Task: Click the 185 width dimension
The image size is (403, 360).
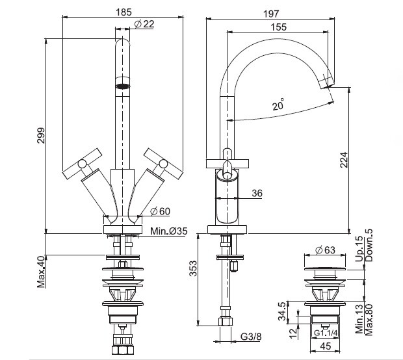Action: (122, 10)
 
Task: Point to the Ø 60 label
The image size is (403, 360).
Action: (160, 211)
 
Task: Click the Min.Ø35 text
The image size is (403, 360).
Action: (169, 231)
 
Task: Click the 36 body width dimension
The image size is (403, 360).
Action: (256, 192)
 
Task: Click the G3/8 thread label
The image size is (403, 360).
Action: (252, 336)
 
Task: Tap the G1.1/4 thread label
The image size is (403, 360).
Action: (325, 334)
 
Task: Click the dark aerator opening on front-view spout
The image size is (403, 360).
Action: (122, 84)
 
